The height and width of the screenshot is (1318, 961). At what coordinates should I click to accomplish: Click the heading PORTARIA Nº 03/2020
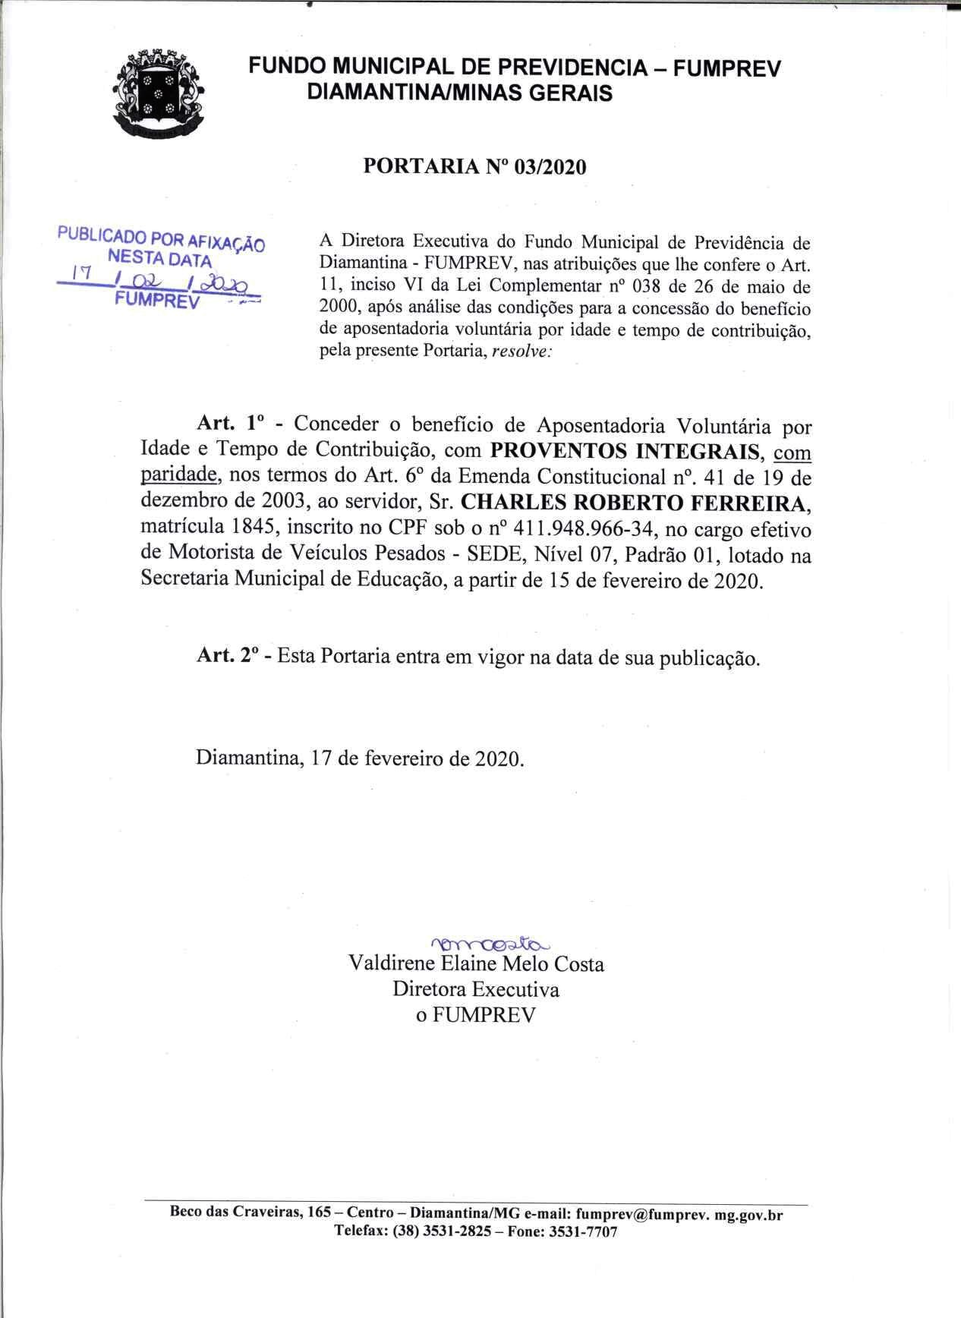point(475,166)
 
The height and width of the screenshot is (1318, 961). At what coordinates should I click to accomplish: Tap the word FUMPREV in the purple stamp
point(156,300)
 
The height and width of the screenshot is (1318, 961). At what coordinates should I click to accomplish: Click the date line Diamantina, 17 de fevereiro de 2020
point(360,758)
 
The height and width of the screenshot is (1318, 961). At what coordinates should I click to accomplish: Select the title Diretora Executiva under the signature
point(476,990)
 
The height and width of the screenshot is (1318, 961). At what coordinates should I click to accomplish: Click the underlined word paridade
point(181,477)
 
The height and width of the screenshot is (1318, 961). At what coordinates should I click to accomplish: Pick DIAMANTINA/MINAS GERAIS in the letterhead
point(458,93)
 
